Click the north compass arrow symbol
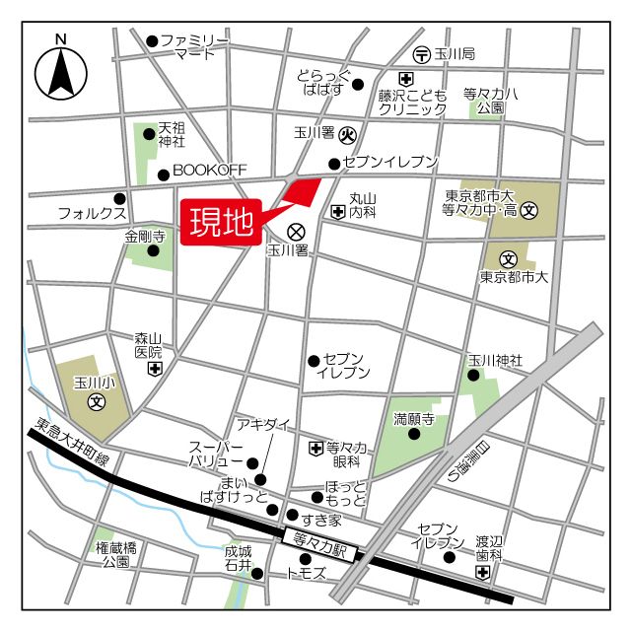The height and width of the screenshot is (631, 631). pos(61,71)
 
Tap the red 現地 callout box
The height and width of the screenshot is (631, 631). pos(221,222)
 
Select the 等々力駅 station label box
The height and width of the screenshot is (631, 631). pos(316,540)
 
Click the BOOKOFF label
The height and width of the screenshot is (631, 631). pos(210,171)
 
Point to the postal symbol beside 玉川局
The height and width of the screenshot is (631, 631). pos(421,53)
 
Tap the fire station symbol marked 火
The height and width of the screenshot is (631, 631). pos(347,133)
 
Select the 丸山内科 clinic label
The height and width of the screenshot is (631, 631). pos(364,205)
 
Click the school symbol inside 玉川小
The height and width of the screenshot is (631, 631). pos(97,401)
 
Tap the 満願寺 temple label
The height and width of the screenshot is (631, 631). pos(414,418)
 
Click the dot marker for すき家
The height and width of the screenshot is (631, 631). pos(291,515)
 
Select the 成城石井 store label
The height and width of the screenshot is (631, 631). pos(238,558)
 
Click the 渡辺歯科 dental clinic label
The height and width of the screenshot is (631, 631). pos(490,548)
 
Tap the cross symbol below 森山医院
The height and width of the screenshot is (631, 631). pos(154,369)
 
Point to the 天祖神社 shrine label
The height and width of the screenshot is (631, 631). pos(172,135)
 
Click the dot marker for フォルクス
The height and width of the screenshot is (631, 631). pos(120,197)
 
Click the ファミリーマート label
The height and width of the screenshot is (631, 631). pos(194,46)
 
